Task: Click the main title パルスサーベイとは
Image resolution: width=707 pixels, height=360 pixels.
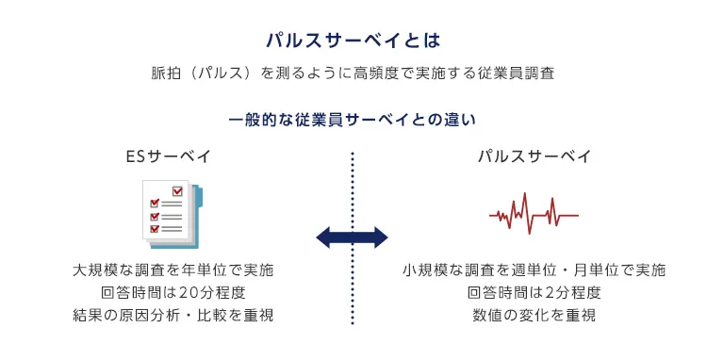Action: click(x=353, y=41)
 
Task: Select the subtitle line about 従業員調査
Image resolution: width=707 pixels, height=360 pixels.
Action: click(x=353, y=74)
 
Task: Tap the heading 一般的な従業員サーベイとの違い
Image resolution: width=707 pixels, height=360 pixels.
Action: click(x=353, y=121)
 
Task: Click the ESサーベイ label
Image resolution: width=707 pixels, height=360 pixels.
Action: click(x=168, y=155)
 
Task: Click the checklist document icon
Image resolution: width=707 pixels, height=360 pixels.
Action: click(x=171, y=213)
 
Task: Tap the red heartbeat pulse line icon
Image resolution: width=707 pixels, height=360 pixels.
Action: click(x=534, y=214)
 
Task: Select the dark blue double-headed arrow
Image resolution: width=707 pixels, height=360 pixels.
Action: click(x=352, y=237)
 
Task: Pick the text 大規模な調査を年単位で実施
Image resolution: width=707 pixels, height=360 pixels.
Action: click(x=173, y=270)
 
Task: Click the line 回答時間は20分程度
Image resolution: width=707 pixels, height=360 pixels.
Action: click(x=173, y=292)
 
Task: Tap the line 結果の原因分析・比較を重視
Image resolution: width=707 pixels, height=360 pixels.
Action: click(x=173, y=315)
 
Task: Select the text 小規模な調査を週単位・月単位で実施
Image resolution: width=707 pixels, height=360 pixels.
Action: click(x=534, y=270)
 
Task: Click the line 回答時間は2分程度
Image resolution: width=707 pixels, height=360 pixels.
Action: click(x=534, y=292)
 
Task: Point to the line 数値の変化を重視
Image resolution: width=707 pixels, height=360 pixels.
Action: click(x=534, y=315)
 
